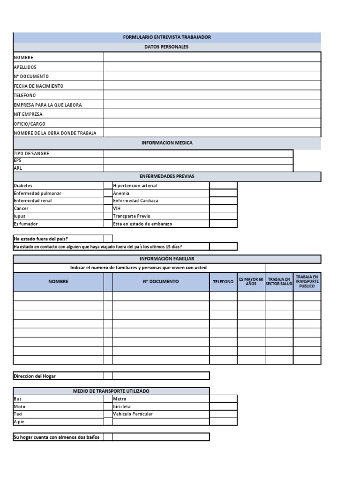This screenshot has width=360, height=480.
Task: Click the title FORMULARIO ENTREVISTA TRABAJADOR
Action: (167, 37)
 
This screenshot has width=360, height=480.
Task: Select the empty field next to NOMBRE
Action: (212, 57)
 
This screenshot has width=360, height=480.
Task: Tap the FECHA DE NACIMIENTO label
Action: (38, 86)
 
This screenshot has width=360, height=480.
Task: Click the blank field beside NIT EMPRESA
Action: (212, 114)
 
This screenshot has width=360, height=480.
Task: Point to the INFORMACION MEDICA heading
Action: (167, 143)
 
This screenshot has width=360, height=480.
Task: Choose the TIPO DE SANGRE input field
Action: (198, 153)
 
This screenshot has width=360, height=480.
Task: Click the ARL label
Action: (18, 167)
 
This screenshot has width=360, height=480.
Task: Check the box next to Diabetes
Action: (108, 186)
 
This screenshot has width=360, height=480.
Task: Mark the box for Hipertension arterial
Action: (223, 186)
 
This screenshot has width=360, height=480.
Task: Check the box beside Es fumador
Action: (108, 224)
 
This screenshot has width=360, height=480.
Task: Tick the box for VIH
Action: (223, 208)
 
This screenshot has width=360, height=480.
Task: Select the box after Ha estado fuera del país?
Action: (108, 239)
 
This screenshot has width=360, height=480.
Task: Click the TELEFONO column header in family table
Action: (223, 282)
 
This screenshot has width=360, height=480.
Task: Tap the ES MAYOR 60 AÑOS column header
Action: (251, 282)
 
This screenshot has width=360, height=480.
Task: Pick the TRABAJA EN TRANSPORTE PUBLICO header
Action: (307, 282)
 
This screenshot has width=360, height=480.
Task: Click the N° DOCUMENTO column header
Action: (161, 282)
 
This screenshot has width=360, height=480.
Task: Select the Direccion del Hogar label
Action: (35, 376)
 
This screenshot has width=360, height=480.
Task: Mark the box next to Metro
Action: (223, 399)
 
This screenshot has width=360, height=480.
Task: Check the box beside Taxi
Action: (108, 414)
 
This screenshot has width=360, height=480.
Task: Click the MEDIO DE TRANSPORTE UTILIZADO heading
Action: (111, 391)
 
